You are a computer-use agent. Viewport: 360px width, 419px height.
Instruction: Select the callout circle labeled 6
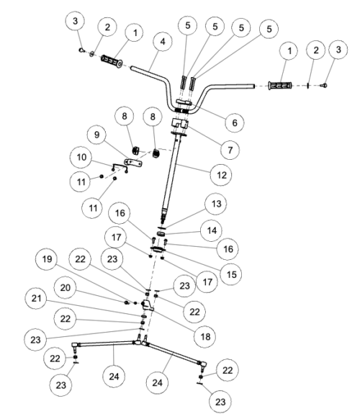pyautogui.click(x=231, y=122)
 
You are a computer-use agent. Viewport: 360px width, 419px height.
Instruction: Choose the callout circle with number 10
pyautogui.click(x=81, y=156)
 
